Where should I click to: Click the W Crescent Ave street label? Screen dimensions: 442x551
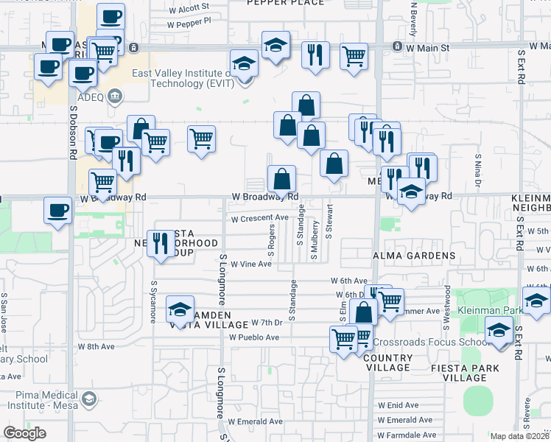coord(259,218)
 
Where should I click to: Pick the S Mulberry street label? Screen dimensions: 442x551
coord(314,241)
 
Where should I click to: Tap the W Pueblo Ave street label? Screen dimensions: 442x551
coord(253,337)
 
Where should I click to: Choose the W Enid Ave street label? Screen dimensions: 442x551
coord(399,405)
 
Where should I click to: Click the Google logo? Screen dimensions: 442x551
coord(24,433)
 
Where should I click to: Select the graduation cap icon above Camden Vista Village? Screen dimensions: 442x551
coord(180,310)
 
